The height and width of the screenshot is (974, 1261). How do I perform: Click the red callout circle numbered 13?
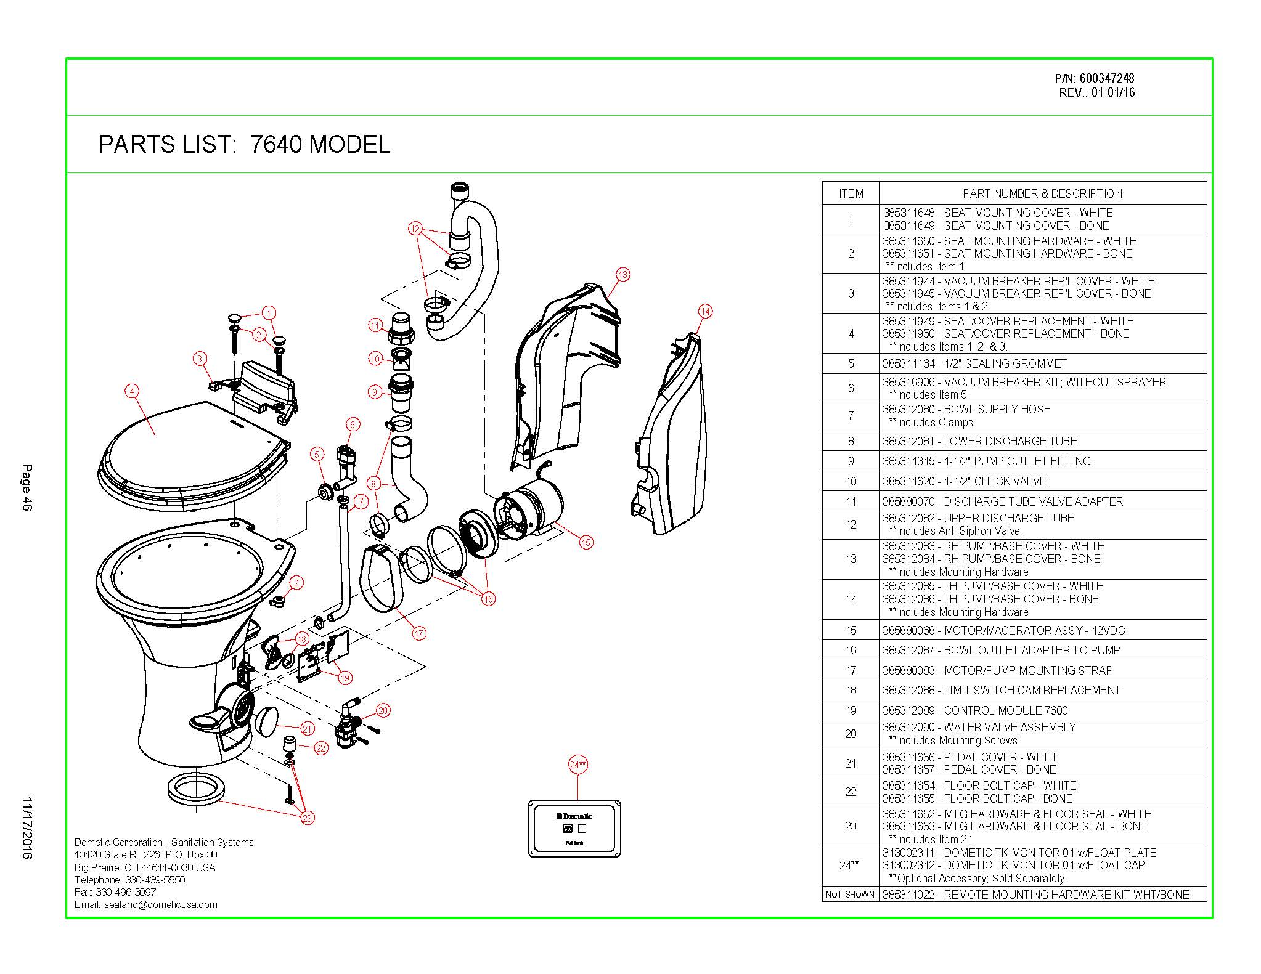pyautogui.click(x=622, y=274)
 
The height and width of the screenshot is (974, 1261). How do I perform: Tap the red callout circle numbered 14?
pyautogui.click(x=705, y=311)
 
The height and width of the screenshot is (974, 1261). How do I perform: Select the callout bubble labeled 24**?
pyautogui.click(x=577, y=765)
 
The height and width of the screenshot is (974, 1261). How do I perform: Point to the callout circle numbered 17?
pyautogui.click(x=419, y=633)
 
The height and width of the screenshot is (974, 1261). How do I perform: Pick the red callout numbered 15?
pyautogui.click(x=586, y=542)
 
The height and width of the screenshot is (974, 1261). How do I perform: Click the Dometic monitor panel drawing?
pyautogui.click(x=574, y=828)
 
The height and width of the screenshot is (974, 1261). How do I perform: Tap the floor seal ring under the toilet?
pyautogui.click(x=194, y=789)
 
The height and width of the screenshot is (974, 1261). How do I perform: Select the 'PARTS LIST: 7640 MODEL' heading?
pyautogui.click(x=244, y=145)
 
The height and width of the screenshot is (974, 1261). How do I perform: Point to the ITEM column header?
pyautogui.click(x=851, y=193)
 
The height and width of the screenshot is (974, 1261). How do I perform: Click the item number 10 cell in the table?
pyautogui.click(x=851, y=481)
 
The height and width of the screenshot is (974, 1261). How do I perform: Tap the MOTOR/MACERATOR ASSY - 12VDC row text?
pyautogui.click(x=1003, y=630)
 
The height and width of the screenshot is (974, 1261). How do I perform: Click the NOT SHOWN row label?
pyautogui.click(x=850, y=894)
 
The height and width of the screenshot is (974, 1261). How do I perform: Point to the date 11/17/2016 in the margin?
pyautogui.click(x=27, y=828)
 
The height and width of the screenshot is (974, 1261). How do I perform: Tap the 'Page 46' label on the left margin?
pyautogui.click(x=27, y=487)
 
